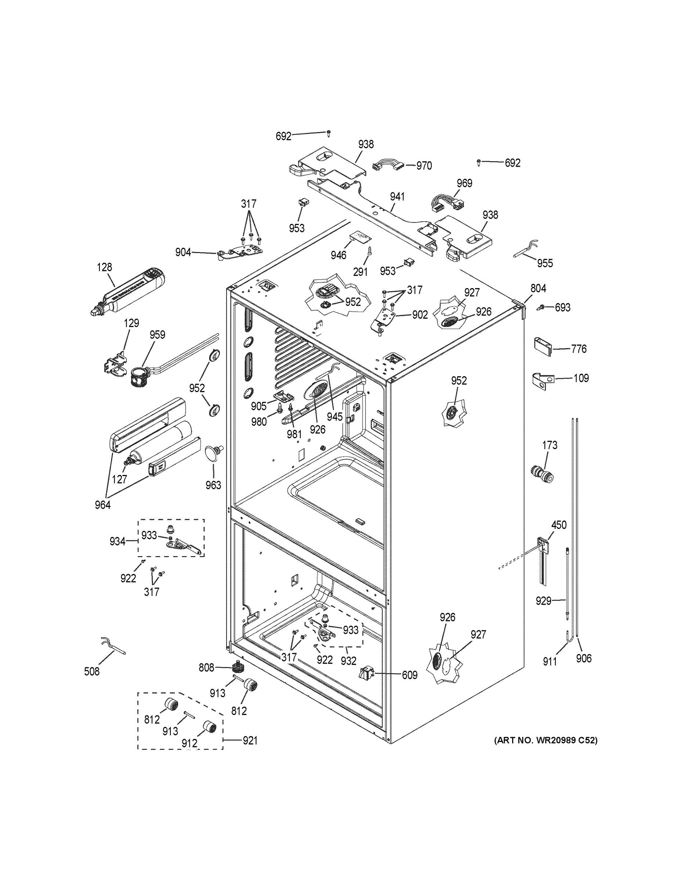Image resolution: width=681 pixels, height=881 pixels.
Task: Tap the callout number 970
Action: (424, 166)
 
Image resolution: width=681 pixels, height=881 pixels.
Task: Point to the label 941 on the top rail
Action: (397, 197)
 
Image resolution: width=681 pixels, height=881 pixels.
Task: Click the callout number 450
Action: (559, 525)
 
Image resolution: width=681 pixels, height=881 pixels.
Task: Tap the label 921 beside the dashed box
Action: (250, 741)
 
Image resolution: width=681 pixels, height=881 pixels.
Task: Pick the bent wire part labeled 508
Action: (113, 645)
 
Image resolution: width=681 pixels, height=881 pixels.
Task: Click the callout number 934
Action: (117, 541)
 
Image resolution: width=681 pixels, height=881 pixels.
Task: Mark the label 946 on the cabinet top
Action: (338, 255)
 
